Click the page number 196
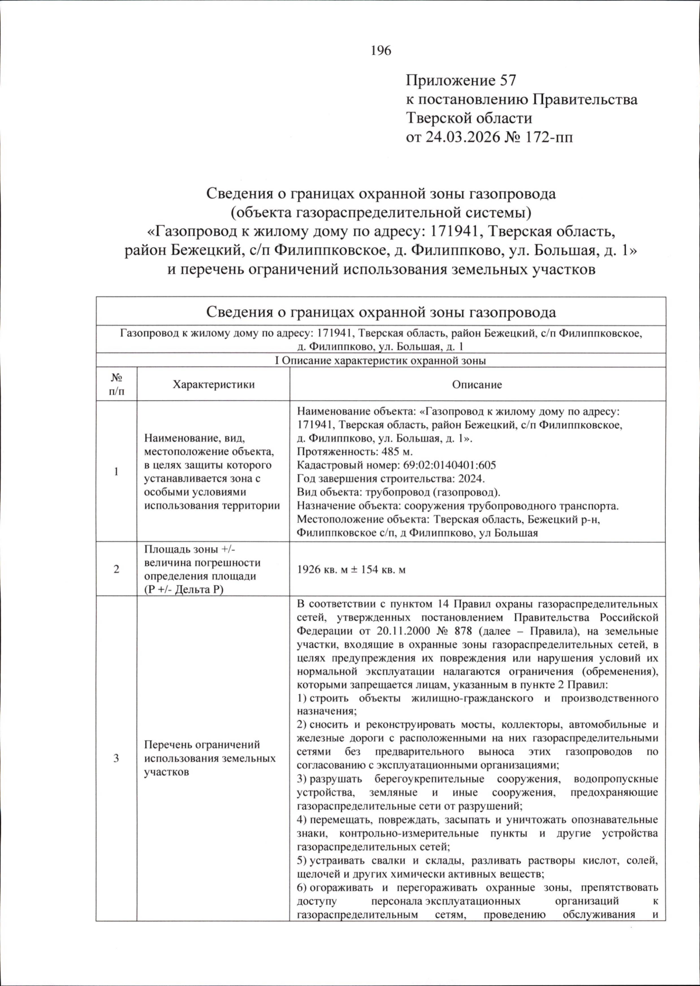coord(381,51)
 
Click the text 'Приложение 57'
coord(461,81)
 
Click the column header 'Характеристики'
coord(213,384)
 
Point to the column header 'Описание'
coord(477,384)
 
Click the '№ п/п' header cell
coord(116,384)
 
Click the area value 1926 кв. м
coord(330,569)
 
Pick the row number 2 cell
coord(116,569)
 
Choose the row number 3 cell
coord(116,758)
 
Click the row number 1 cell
coord(116,471)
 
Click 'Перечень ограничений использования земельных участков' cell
coord(209,758)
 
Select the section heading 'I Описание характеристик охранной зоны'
coord(380,361)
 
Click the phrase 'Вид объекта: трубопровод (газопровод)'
coord(398,492)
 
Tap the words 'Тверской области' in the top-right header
coord(469,118)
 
